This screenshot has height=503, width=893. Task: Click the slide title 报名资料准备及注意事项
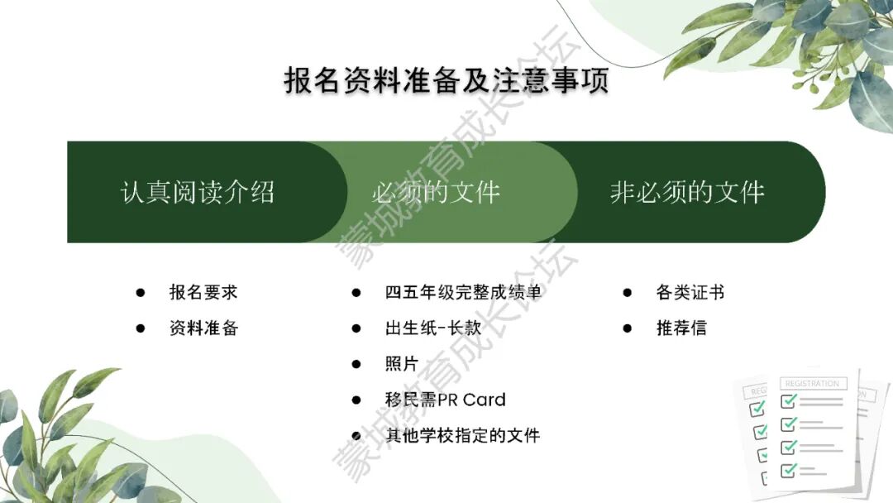pyautogui.click(x=446, y=79)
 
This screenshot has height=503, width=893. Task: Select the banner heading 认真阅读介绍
pyautogui.click(x=198, y=192)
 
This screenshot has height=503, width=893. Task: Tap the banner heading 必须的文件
pyautogui.click(x=436, y=192)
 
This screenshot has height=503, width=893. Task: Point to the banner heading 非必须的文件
pyautogui.click(x=687, y=192)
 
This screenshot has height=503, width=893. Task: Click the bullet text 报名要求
pyautogui.click(x=203, y=292)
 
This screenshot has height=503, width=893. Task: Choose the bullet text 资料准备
pyautogui.click(x=203, y=328)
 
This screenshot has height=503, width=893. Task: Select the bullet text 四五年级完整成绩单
pyautogui.click(x=462, y=292)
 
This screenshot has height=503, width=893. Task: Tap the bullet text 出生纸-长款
pyautogui.click(x=433, y=328)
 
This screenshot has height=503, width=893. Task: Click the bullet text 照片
pyautogui.click(x=402, y=363)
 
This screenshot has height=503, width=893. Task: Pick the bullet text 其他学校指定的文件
pyautogui.click(x=462, y=435)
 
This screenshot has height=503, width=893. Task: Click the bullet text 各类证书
pyautogui.click(x=690, y=292)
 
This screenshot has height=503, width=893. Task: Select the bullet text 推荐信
pyautogui.click(x=681, y=328)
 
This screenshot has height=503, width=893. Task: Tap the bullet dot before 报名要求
pyautogui.click(x=141, y=293)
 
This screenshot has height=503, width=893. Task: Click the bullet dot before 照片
pyautogui.click(x=356, y=364)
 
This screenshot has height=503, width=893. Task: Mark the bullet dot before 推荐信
pyautogui.click(x=628, y=328)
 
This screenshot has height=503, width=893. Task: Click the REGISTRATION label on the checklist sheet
pyautogui.click(x=812, y=384)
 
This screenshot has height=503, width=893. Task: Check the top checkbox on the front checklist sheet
pyautogui.click(x=789, y=401)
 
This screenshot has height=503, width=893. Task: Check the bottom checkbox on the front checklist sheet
pyautogui.click(x=789, y=470)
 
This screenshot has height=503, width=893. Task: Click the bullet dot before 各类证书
pyautogui.click(x=628, y=293)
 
